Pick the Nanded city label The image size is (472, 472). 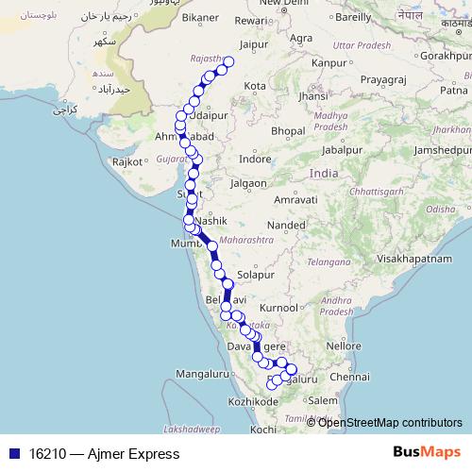[287, 226]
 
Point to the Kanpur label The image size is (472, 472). [329, 62]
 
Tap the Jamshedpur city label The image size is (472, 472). [435, 151]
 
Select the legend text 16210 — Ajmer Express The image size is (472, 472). [97, 454]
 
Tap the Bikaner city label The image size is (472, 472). [200, 17]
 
